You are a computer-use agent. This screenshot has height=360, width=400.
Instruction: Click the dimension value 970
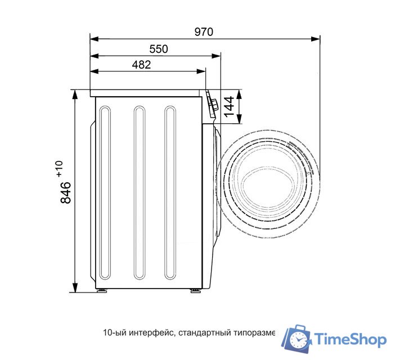[204, 32]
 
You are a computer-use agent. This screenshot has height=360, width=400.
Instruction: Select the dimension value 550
[159, 49]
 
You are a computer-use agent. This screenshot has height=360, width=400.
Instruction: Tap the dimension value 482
[141, 65]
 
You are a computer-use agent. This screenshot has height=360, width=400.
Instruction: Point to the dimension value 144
[229, 106]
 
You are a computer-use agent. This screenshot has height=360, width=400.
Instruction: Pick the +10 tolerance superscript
[60, 168]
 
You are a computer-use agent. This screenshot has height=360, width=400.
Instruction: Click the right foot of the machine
[195, 290]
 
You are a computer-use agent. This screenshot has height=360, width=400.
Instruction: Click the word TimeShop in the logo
[350, 339]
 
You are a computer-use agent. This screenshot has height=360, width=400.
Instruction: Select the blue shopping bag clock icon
[296, 339]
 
